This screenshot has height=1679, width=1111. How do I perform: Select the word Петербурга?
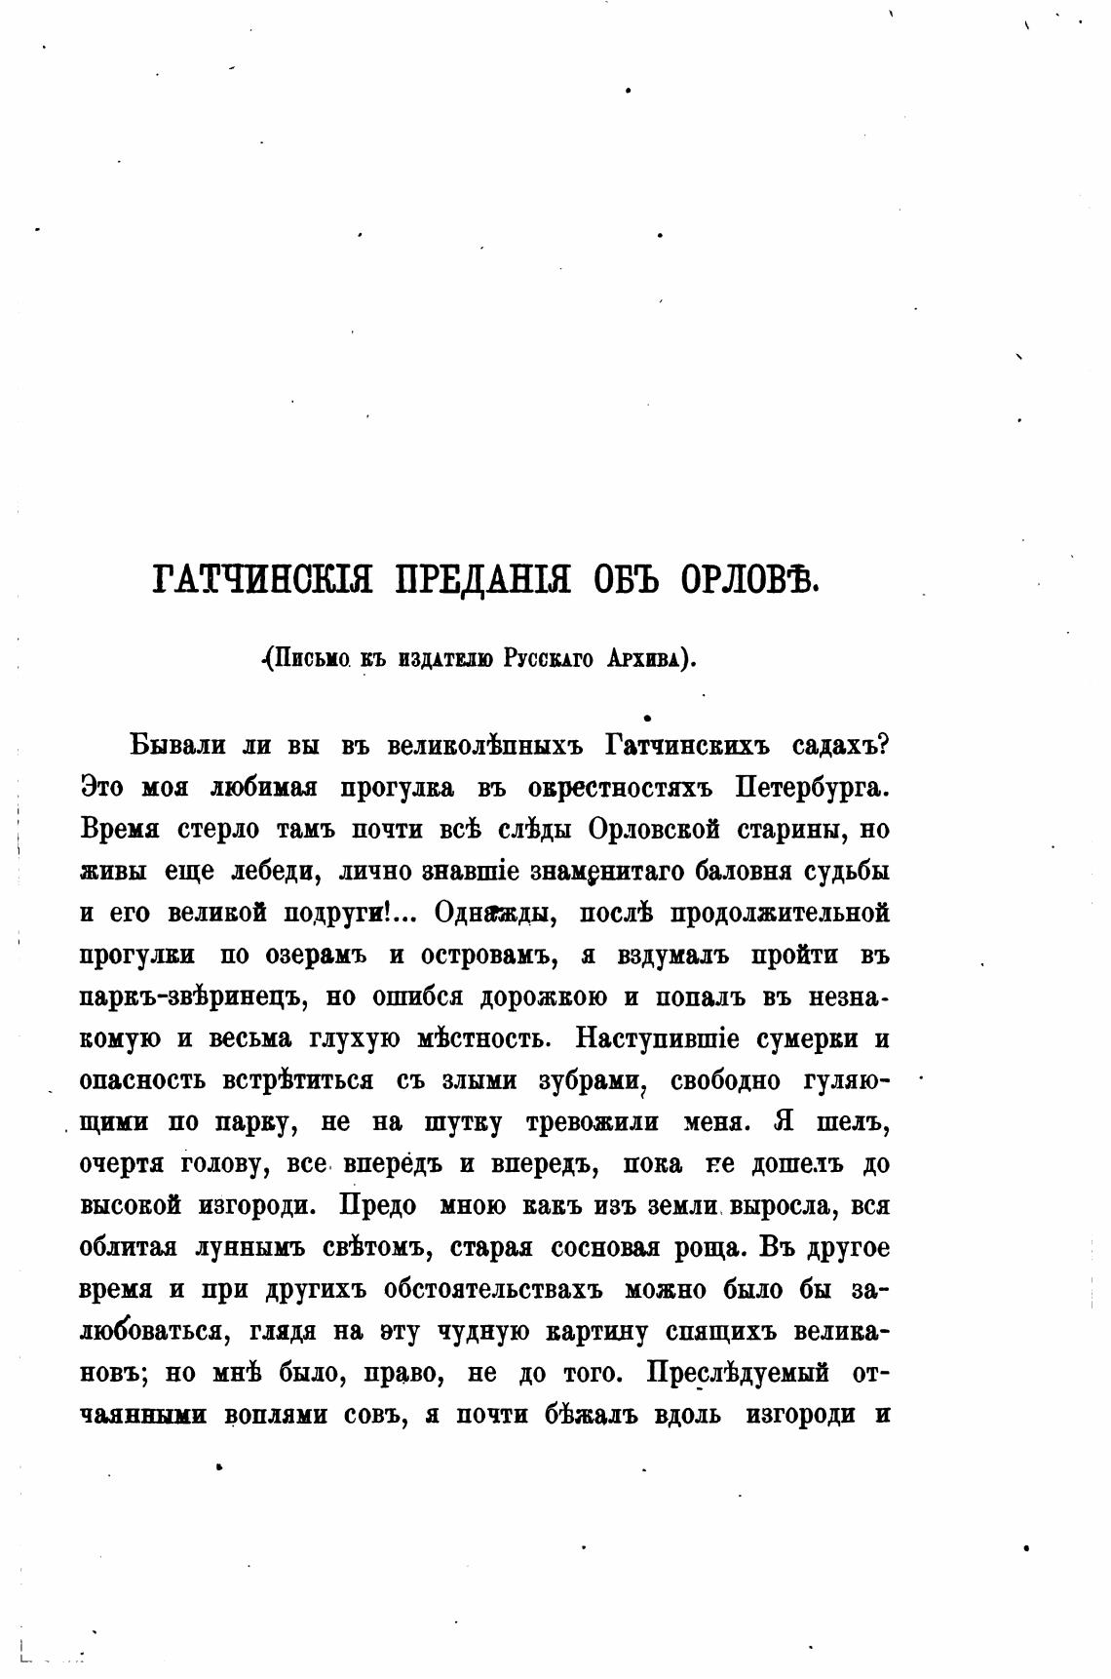812,788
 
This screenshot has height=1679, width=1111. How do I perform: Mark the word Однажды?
494,914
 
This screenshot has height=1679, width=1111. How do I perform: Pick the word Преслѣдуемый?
738,1374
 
